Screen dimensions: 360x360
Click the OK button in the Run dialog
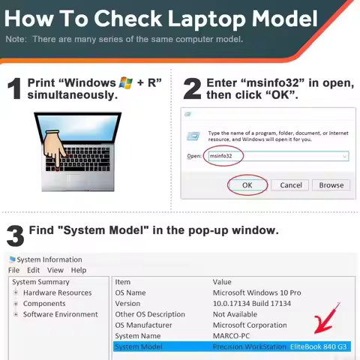(247, 185)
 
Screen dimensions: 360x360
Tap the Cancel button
(291, 185)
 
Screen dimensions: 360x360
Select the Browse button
(331, 185)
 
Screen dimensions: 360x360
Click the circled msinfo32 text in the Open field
(220, 156)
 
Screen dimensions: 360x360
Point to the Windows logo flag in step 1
(125, 82)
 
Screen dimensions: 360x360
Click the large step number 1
(14, 88)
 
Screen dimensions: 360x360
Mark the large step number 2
(192, 88)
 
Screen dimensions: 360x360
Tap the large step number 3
(16, 235)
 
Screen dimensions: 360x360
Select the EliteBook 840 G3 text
(318, 346)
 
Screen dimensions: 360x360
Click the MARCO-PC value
(231, 336)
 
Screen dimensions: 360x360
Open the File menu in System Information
(13, 270)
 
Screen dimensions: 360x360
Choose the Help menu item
(79, 270)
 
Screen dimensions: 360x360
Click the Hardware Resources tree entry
(57, 292)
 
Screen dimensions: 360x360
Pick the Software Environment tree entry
(60, 314)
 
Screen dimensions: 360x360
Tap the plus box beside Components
(16, 304)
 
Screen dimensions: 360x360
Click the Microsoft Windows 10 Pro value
(257, 292)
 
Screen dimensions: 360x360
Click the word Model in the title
(284, 19)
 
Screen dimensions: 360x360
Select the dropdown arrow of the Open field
(344, 157)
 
